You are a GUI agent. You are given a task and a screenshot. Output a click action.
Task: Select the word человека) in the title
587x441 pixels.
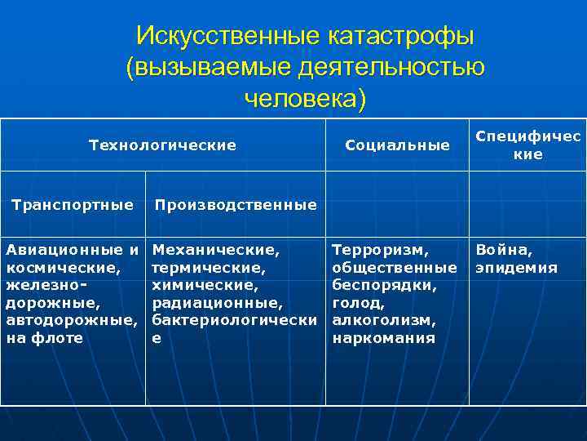click(305, 99)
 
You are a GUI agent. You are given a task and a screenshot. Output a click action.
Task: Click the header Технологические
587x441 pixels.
click(162, 145)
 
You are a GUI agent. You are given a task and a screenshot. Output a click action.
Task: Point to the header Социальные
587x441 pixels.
click(397, 145)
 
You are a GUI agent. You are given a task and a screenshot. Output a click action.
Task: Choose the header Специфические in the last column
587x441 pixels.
click(527, 145)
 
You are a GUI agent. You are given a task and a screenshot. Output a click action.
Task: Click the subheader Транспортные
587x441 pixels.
click(73, 204)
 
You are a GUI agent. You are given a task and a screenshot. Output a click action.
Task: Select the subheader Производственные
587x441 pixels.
click(235, 205)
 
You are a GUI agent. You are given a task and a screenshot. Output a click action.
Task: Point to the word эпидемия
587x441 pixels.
click(517, 267)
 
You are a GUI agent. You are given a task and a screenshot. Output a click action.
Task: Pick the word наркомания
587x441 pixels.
click(384, 337)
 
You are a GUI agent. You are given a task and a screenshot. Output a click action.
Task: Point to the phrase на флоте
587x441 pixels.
click(44, 337)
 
